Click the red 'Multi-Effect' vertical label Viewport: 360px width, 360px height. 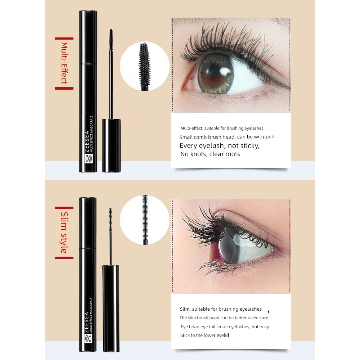pos(64,63)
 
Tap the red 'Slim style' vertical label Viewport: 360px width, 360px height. pos(64,232)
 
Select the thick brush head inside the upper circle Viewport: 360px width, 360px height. pos(145,66)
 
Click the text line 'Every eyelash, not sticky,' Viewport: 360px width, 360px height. pos(220,145)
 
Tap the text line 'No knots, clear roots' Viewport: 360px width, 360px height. pos(210,154)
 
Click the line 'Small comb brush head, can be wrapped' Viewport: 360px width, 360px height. pos(227,137)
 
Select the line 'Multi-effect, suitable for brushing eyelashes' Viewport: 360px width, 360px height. pos(222,128)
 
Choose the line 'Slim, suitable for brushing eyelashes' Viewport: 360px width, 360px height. pos(221,309)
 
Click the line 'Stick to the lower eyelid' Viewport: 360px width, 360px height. pos(204,335)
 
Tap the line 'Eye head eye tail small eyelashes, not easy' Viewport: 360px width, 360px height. pos(225,327)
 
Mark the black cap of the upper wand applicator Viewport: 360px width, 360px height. pos(111,145)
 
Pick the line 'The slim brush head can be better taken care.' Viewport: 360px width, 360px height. pos(224,318)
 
